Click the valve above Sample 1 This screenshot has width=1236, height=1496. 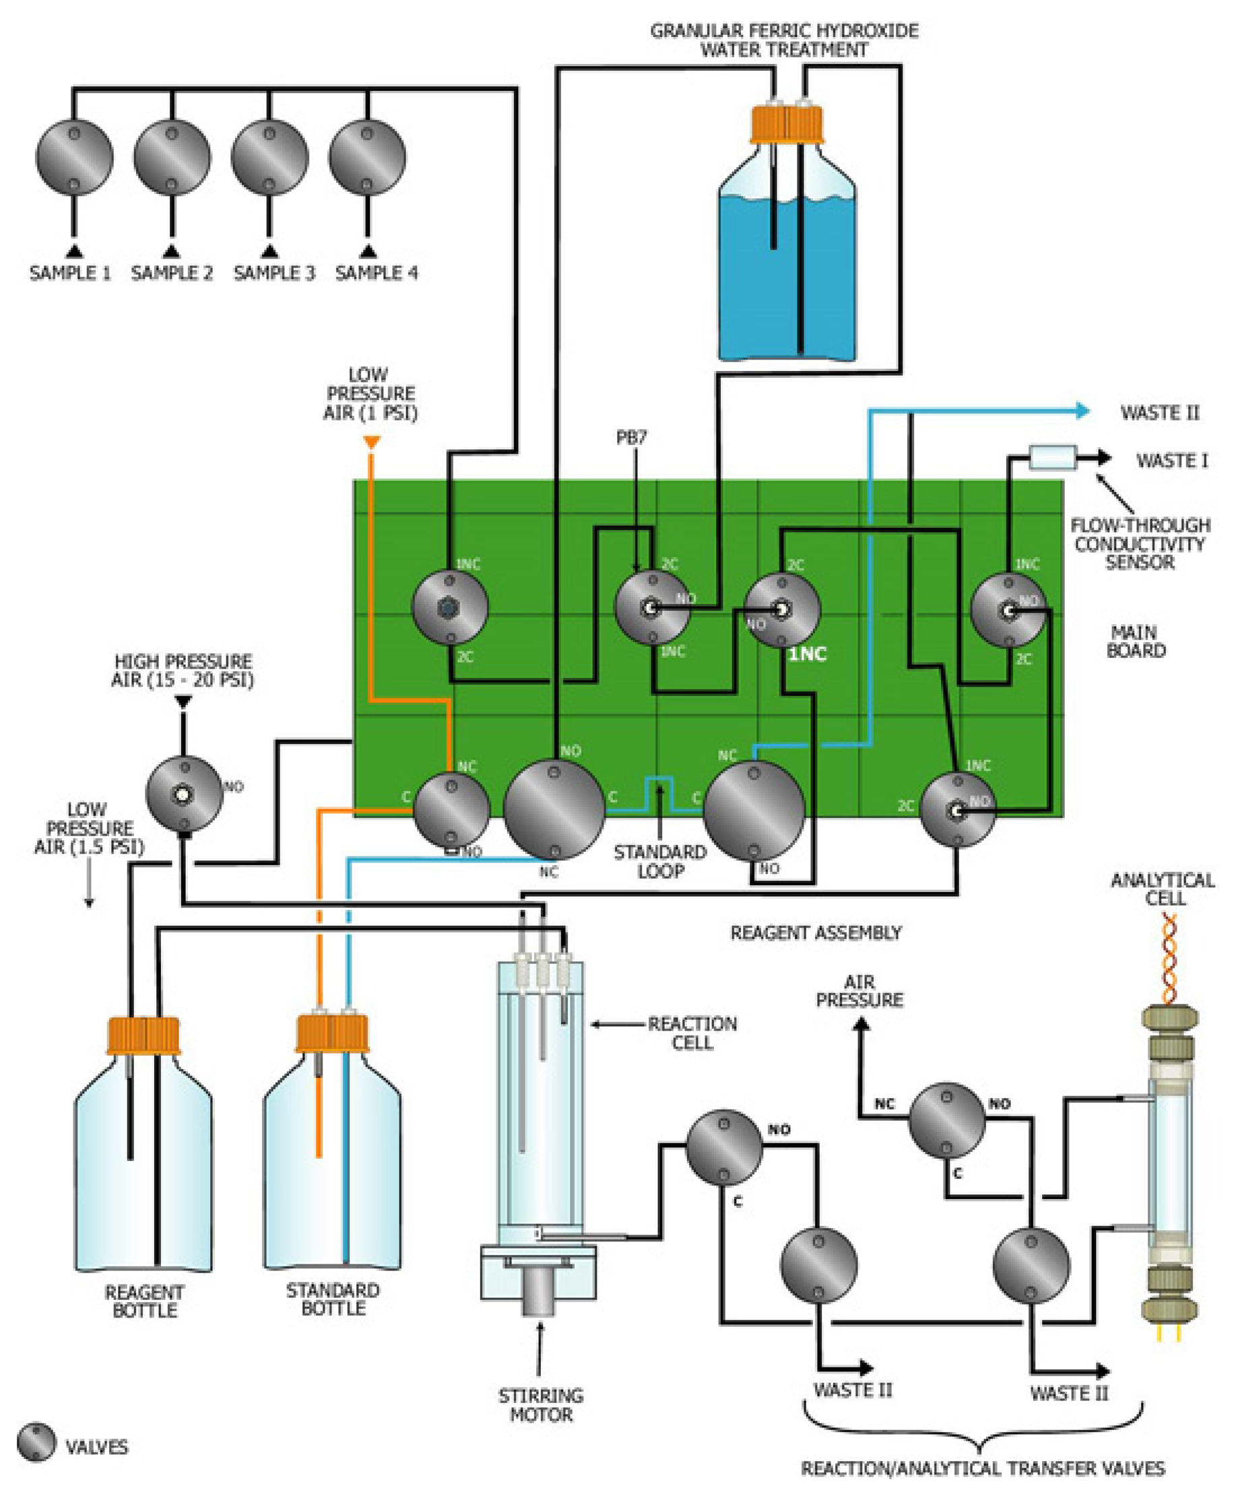(74, 158)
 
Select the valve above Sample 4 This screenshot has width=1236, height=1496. (367, 158)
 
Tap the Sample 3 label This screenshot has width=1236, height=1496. (274, 273)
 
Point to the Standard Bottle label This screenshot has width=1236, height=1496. (333, 1299)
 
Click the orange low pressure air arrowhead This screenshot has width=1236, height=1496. (371, 443)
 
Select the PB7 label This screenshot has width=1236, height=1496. (632, 438)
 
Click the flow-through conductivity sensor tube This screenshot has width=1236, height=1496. (1052, 458)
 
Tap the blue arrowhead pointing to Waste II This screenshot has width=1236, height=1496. (1082, 410)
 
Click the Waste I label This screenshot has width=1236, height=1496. (1171, 461)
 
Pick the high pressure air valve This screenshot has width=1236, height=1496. (184, 794)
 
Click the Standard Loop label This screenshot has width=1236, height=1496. (660, 861)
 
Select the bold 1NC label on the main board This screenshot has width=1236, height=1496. (808, 653)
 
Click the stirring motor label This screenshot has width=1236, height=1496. (540, 1404)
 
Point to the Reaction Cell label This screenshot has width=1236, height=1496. (691, 1033)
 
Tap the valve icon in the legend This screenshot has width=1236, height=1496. (36, 1443)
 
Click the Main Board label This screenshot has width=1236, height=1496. (1135, 641)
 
